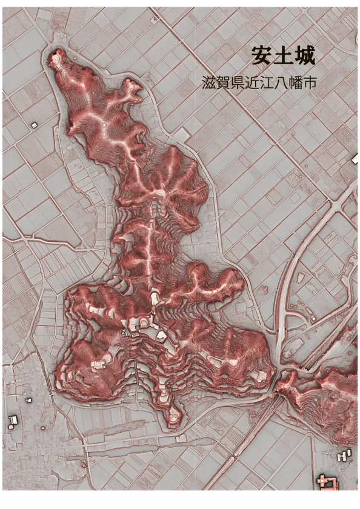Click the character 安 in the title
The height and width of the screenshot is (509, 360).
[x=262, y=56]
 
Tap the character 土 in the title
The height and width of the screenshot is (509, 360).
[x=284, y=56]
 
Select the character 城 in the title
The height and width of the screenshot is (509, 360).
[x=304, y=56]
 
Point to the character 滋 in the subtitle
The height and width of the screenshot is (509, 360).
[x=209, y=84]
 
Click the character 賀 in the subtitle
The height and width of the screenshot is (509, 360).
[x=224, y=84]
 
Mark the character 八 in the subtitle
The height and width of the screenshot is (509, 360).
[x=282, y=84]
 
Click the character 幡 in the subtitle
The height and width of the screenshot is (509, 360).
[x=296, y=84]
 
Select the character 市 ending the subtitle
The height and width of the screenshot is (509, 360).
[x=310, y=84]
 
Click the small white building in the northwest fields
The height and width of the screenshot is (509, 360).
[x=34, y=125]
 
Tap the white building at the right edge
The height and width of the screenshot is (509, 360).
[x=356, y=159]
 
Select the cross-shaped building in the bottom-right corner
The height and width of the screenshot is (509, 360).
[x=328, y=482]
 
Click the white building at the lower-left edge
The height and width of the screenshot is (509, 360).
[x=13, y=420]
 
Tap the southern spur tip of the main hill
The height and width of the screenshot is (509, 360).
[x=174, y=414]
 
